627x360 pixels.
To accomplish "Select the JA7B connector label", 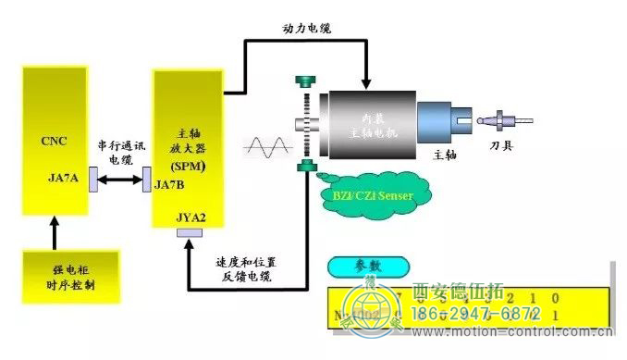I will tap(170, 184).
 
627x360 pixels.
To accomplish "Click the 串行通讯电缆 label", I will tap(115, 153).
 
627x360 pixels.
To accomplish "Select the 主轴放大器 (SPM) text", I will tap(190, 149).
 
